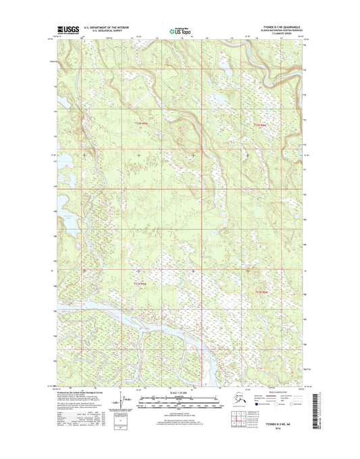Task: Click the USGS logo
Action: pos(66,30)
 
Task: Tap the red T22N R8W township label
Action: pos(259,126)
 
